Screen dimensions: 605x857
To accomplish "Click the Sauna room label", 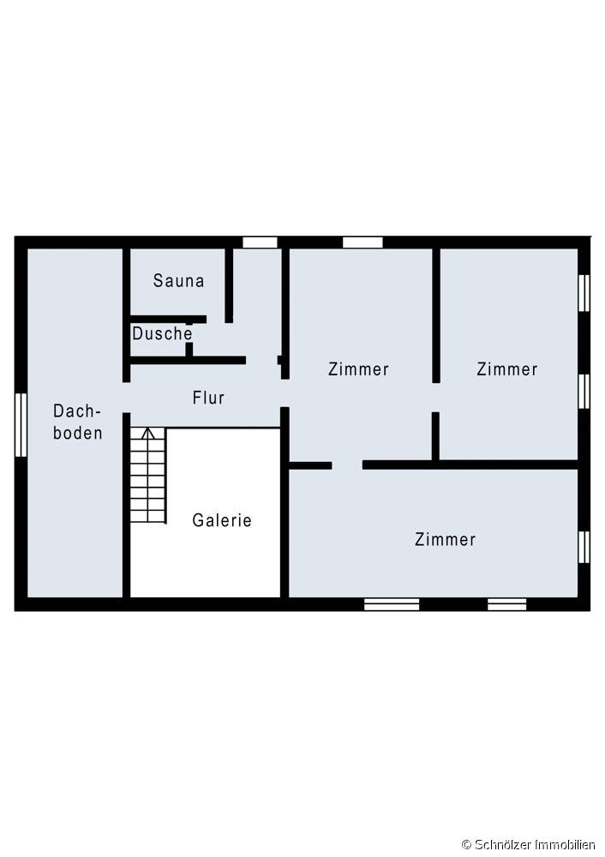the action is coord(179,280).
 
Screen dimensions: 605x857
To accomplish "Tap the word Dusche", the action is coord(162,333).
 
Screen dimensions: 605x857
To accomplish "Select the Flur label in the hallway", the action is coord(208,398).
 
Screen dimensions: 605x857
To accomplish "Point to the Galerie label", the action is coord(222,520).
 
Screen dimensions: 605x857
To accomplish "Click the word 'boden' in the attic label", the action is coord(78,433).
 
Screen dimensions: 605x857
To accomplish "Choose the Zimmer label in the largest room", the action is coord(445,539).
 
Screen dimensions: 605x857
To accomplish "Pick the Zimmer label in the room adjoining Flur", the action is coord(358,369).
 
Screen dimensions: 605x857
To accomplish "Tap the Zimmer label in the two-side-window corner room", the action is coord(507,369).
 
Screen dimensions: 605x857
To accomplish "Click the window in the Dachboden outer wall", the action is coord(21,425).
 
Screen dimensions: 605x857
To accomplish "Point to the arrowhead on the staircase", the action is coord(147,434).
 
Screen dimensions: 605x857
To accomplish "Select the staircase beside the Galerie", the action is coord(148,476).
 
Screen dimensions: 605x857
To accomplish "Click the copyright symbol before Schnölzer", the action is coord(467,845).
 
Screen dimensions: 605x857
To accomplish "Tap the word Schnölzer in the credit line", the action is coord(501,845).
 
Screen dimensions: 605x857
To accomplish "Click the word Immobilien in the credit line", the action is coord(563,845).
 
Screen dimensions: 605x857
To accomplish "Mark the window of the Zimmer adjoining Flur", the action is coord(362,243).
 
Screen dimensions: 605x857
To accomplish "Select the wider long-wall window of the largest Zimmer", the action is coord(392,604).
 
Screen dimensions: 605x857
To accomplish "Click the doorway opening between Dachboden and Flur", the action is coord(126,398).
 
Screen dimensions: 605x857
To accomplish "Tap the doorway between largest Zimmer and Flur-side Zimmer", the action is coord(347,465).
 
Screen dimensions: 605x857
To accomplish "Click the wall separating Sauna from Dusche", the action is coord(168,319).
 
